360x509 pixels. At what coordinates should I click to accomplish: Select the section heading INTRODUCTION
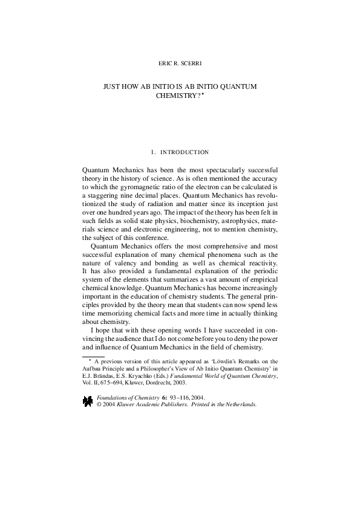(185, 152)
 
